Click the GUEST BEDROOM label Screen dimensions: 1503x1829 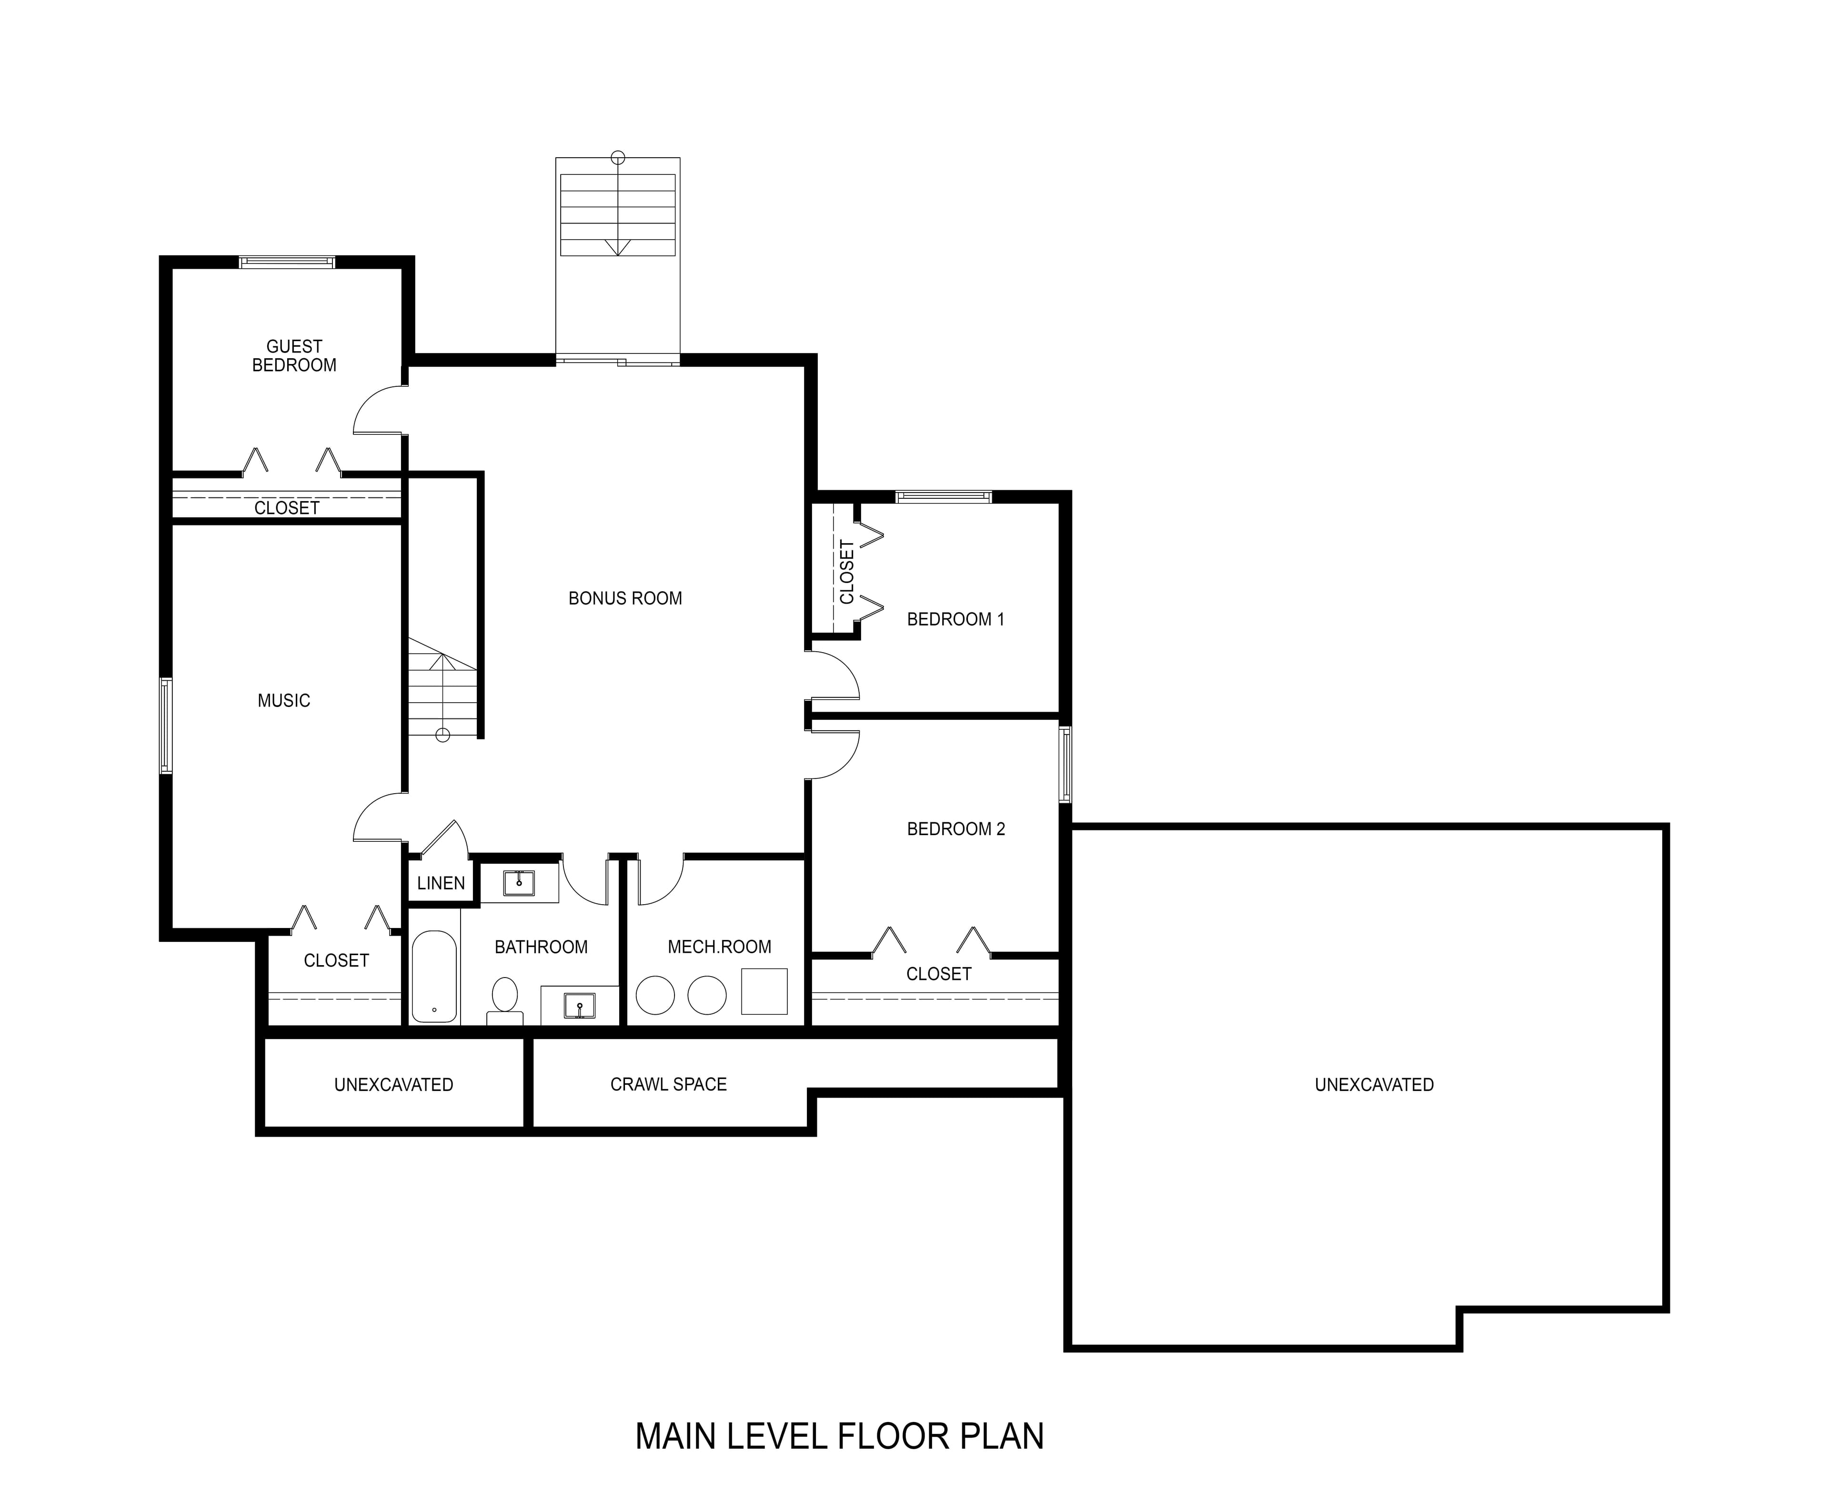tap(294, 356)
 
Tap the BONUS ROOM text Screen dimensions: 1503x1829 tap(625, 598)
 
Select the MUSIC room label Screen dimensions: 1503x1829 tap(284, 700)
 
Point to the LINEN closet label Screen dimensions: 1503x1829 tap(441, 883)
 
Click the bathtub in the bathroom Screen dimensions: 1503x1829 tap(433, 977)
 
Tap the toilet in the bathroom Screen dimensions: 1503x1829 tap(504, 998)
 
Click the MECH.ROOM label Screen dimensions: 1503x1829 tap(719, 947)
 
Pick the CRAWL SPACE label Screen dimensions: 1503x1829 tap(668, 1084)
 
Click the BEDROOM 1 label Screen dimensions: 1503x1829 tap(955, 619)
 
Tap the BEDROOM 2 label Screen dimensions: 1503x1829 tap(955, 828)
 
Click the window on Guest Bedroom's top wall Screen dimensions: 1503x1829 tap(287, 262)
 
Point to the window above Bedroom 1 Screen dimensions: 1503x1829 tap(944, 497)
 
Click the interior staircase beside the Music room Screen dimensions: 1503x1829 tap(443, 688)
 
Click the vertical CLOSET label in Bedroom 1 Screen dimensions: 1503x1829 tap(846, 571)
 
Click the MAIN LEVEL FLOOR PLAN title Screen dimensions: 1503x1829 tap(840, 1436)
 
